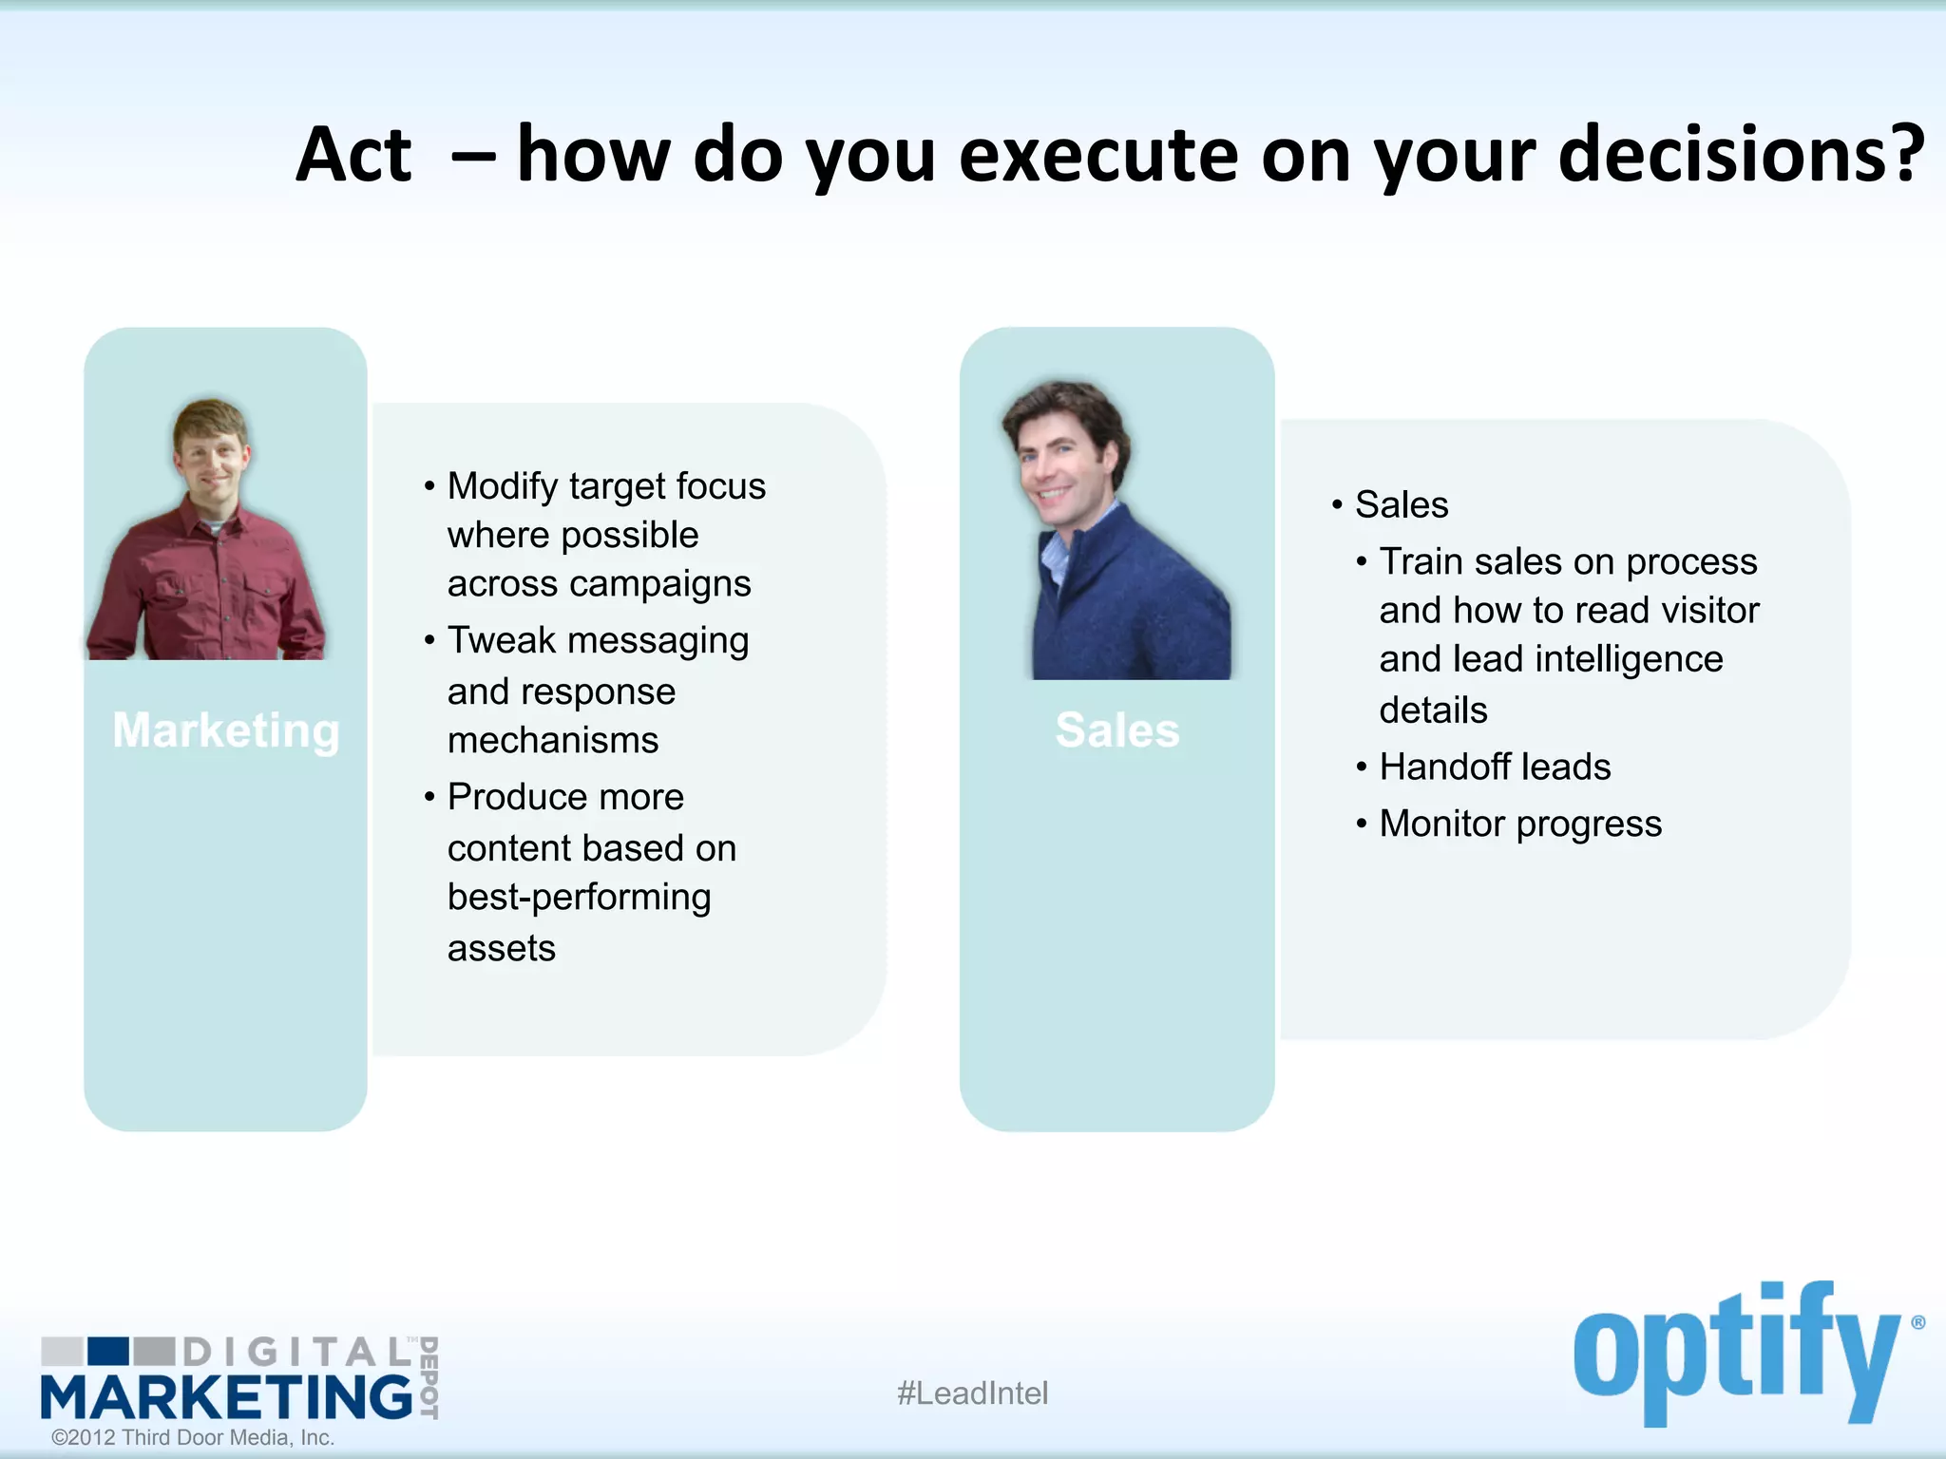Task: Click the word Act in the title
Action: [x=353, y=155]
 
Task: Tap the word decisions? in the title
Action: [x=1741, y=155]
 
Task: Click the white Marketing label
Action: [x=226, y=730]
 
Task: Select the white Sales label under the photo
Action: [x=1117, y=730]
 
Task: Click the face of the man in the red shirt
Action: [x=211, y=454]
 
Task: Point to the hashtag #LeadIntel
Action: [x=972, y=1393]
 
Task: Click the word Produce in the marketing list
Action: [x=520, y=797]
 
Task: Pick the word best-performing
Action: [x=579, y=898]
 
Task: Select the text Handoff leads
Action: [x=1495, y=767]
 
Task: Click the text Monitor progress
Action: [x=1520, y=824]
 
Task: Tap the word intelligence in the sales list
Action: [x=1629, y=659]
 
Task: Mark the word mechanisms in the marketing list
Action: [x=553, y=741]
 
